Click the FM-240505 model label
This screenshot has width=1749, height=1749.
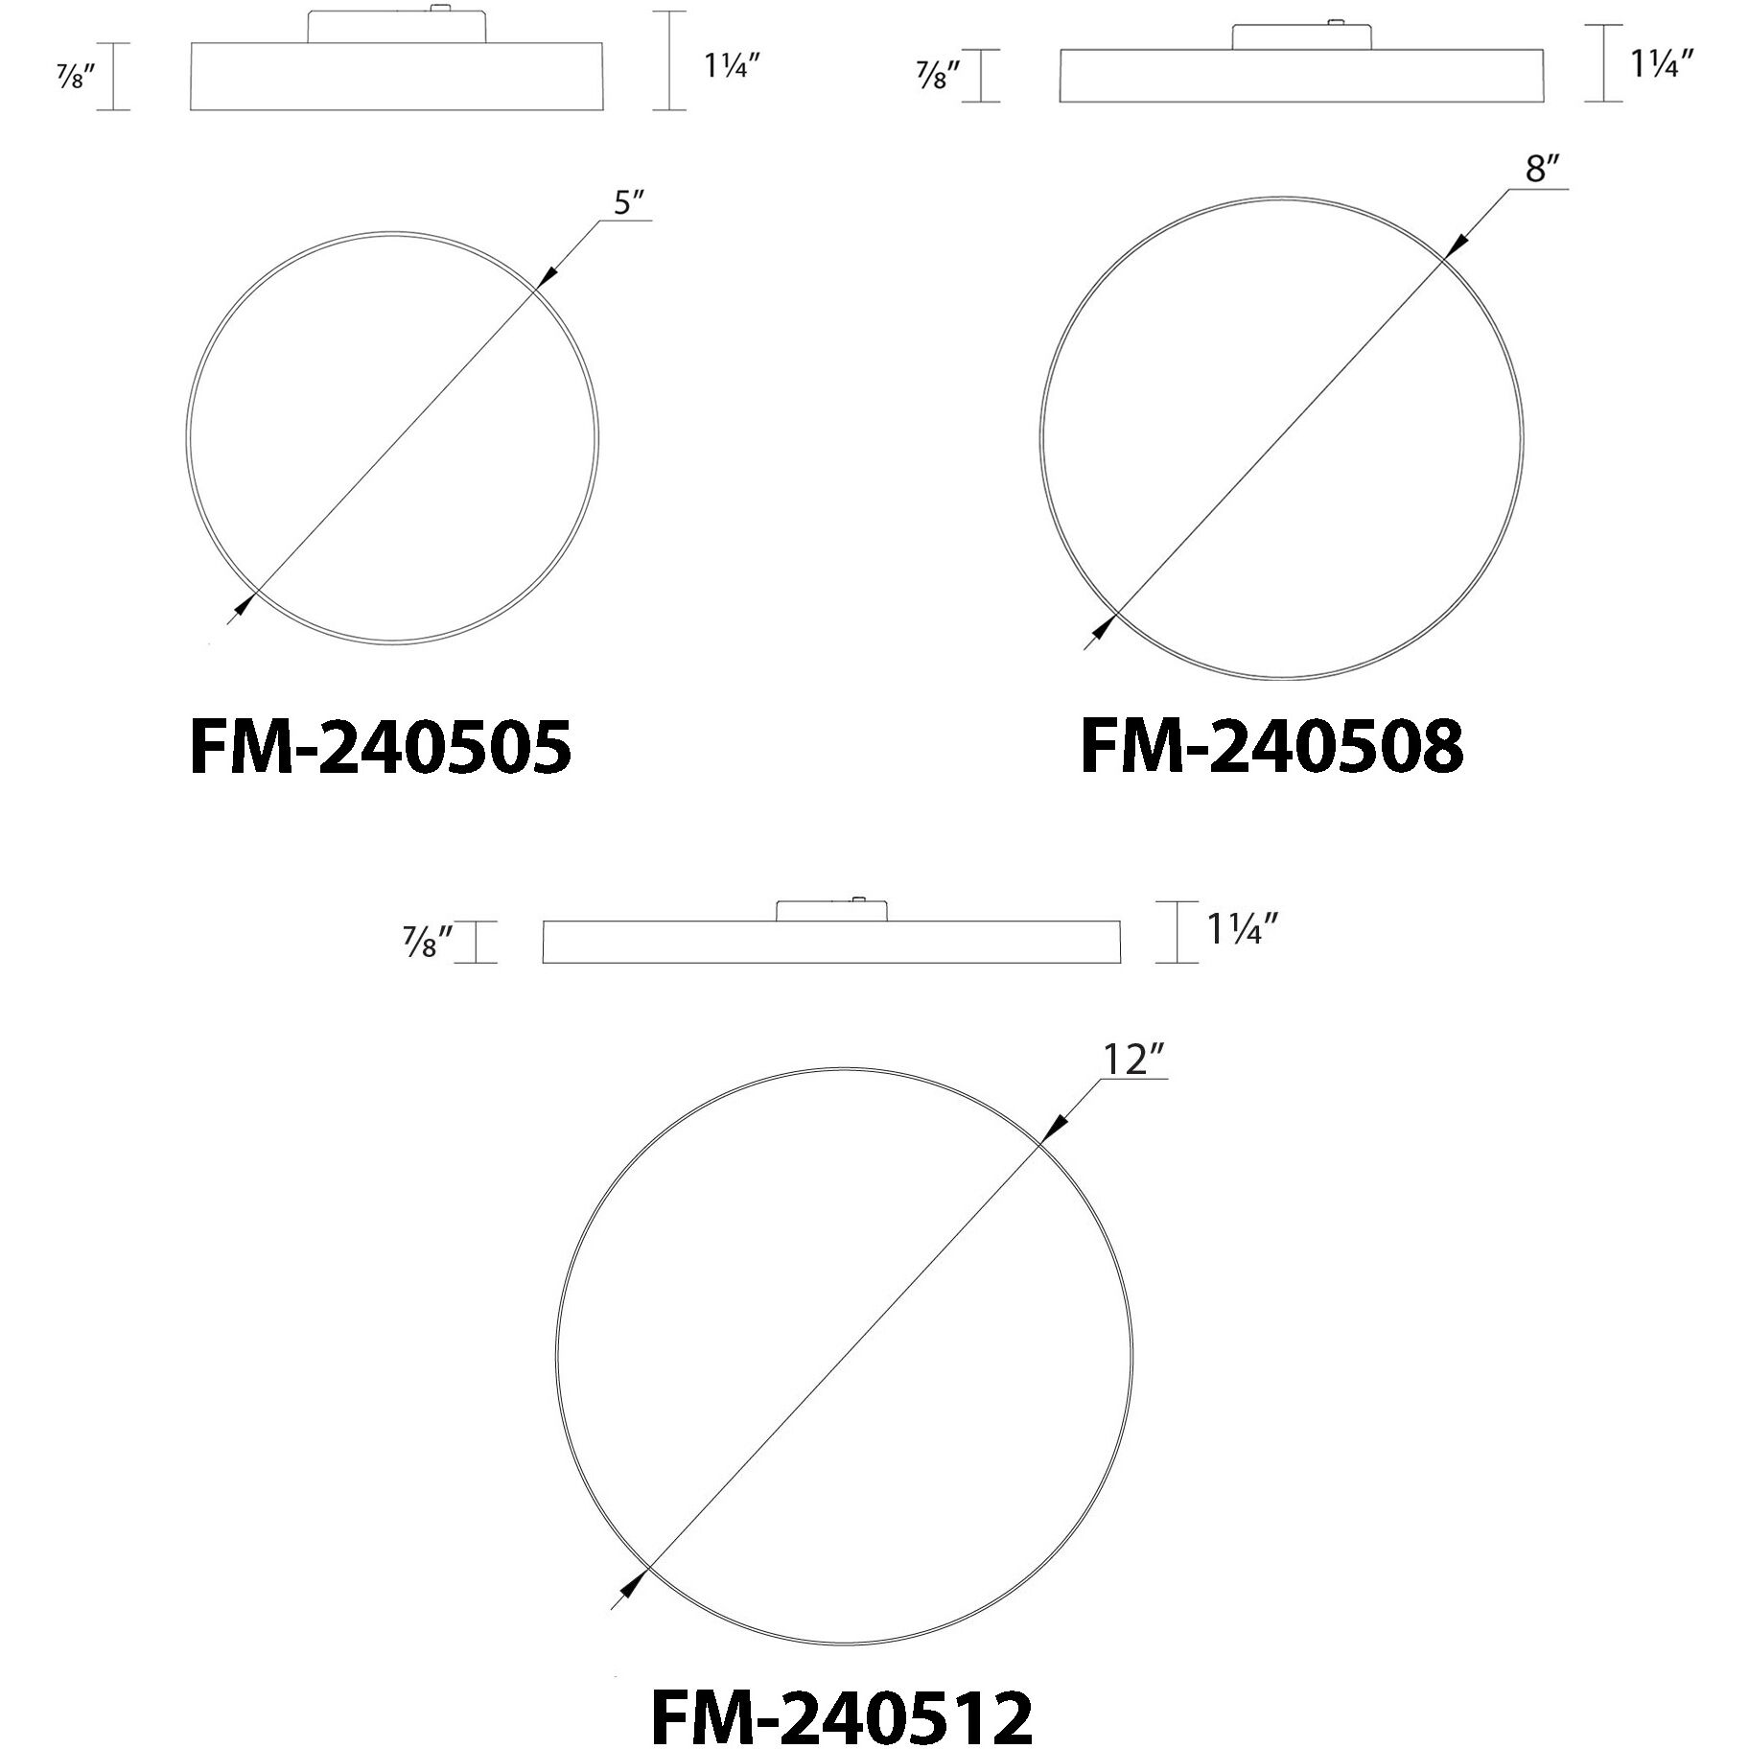pyautogui.click(x=381, y=748)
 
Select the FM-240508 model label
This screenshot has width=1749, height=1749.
pyautogui.click(x=1271, y=748)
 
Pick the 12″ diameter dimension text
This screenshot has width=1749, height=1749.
pyautogui.click(x=1134, y=1061)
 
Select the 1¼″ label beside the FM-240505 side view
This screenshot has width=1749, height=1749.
pyautogui.click(x=733, y=65)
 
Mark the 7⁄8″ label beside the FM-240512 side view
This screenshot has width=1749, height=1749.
pyautogui.click(x=428, y=942)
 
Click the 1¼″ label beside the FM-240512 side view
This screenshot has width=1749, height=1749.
pyautogui.click(x=1243, y=930)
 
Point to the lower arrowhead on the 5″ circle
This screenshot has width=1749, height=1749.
pyautogui.click(x=243, y=605)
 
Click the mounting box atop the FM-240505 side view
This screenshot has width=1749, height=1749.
pyautogui.click(x=396, y=27)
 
